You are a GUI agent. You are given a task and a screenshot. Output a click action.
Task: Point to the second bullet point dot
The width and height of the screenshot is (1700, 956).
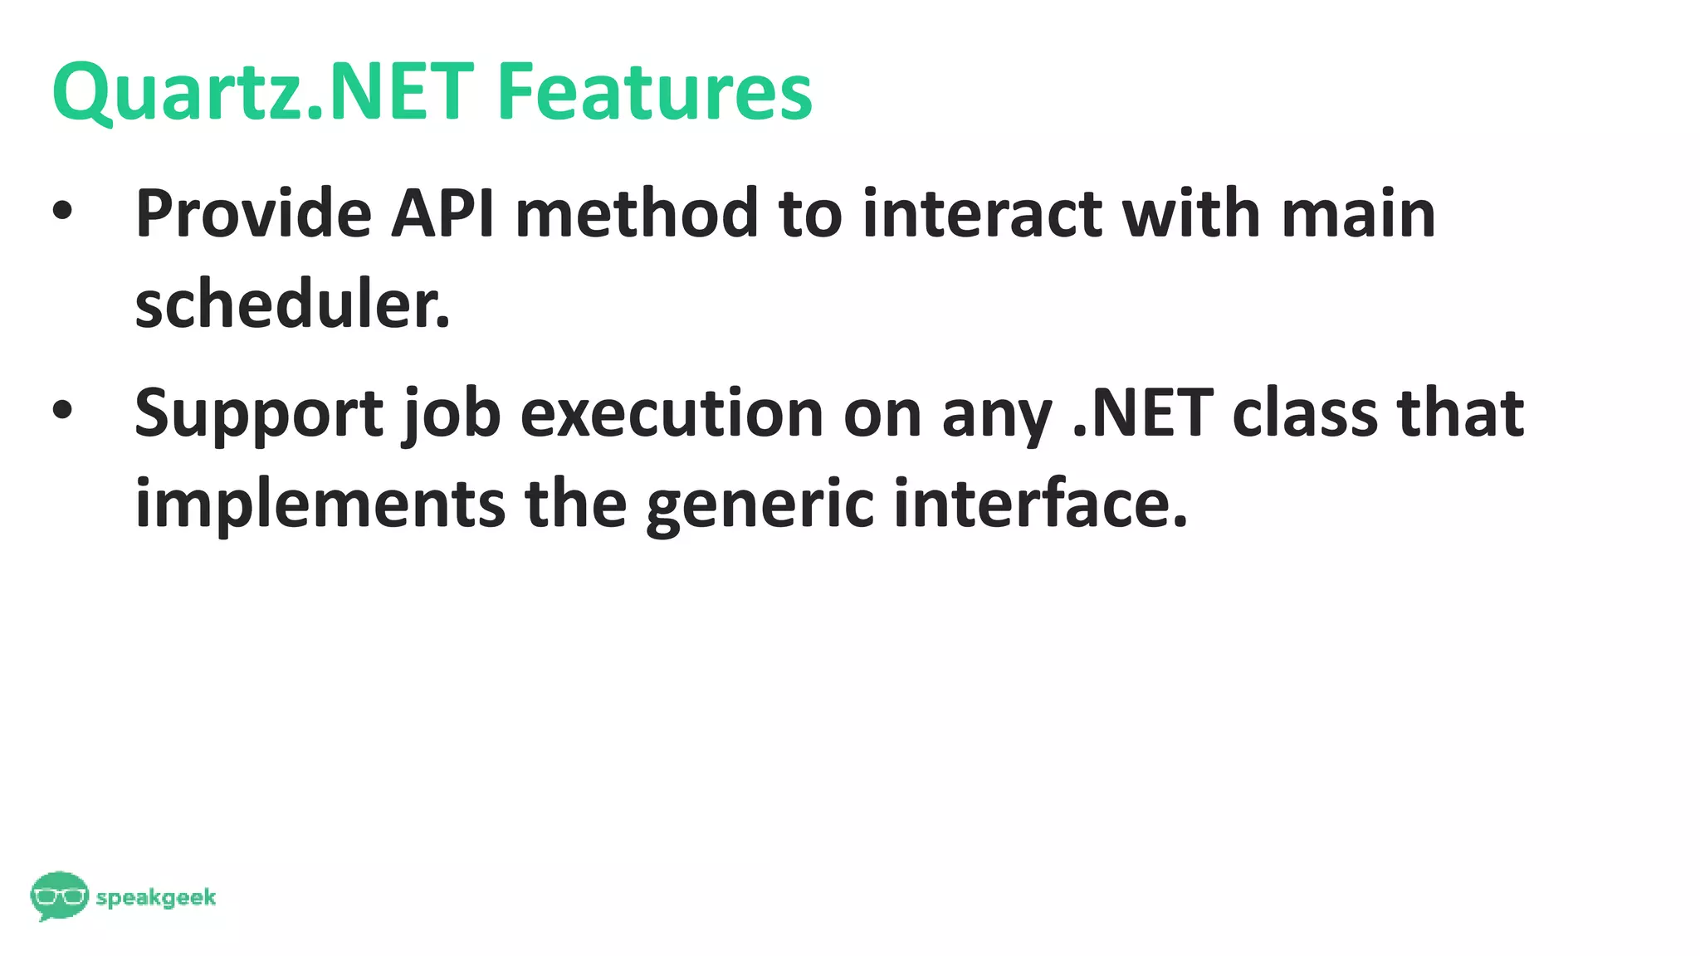pyautogui.click(x=63, y=410)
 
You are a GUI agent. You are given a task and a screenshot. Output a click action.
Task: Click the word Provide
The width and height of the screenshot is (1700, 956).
pyautogui.click(x=253, y=214)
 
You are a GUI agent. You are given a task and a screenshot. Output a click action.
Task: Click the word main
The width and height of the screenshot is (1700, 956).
pyautogui.click(x=1358, y=214)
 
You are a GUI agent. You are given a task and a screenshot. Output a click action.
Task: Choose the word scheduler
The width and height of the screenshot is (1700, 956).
pyautogui.click(x=292, y=305)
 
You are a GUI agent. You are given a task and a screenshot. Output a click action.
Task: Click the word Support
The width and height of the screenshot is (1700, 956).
pyautogui.click(x=259, y=413)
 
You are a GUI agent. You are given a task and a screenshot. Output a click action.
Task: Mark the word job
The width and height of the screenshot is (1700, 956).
pyautogui.click(x=452, y=413)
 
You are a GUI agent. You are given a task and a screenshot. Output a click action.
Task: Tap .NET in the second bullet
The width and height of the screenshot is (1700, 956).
pyautogui.click(x=1143, y=413)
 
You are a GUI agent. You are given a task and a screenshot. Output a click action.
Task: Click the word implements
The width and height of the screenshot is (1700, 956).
pyautogui.click(x=320, y=504)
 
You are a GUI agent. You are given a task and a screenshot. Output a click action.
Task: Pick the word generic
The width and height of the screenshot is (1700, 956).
pyautogui.click(x=760, y=504)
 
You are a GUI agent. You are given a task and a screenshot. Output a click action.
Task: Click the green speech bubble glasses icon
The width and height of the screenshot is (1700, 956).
pyautogui.click(x=59, y=895)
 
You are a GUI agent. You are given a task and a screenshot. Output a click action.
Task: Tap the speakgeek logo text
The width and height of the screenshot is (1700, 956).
pyautogui.click(x=156, y=898)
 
